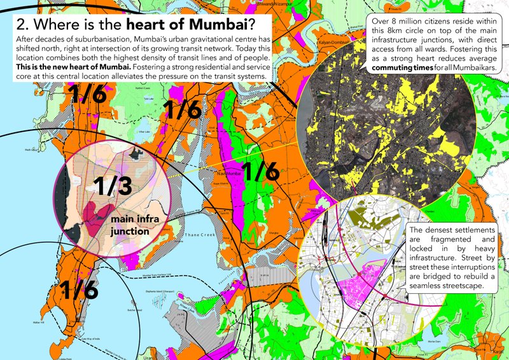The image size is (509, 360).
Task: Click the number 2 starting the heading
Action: pyautogui.click(x=21, y=27)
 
